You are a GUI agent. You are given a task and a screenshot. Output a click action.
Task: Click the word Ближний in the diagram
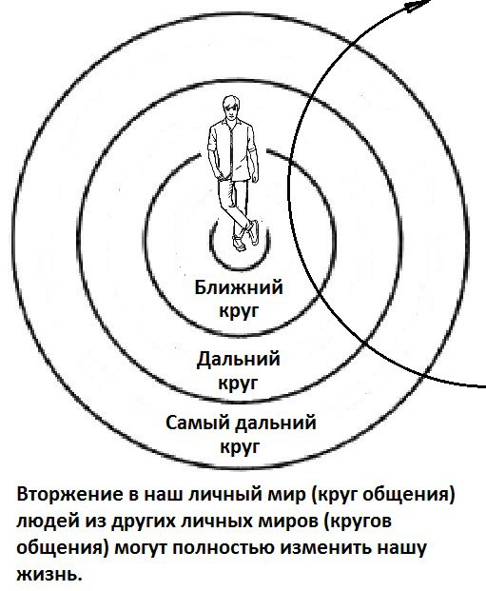[x=239, y=287]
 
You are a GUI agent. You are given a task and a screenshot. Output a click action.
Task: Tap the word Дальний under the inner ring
[x=239, y=360]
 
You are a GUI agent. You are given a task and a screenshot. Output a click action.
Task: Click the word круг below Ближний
[x=240, y=311]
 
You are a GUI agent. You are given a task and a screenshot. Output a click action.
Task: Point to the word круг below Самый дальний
[x=240, y=446]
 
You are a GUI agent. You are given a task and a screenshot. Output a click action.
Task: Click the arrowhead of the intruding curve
[x=418, y=5]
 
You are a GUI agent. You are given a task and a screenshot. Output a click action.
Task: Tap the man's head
[x=230, y=108]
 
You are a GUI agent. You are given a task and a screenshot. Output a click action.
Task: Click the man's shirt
[x=232, y=150]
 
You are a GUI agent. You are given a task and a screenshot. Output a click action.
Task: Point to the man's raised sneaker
[x=254, y=232]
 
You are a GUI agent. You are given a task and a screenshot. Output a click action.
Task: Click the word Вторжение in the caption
[x=69, y=495]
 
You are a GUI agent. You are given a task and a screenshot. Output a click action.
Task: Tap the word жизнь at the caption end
[x=49, y=575]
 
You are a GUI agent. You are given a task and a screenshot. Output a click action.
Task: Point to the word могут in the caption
[x=139, y=548]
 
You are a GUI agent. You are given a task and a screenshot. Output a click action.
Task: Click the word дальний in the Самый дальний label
[x=276, y=423]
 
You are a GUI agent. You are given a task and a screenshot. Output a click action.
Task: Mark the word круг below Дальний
[x=240, y=383]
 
